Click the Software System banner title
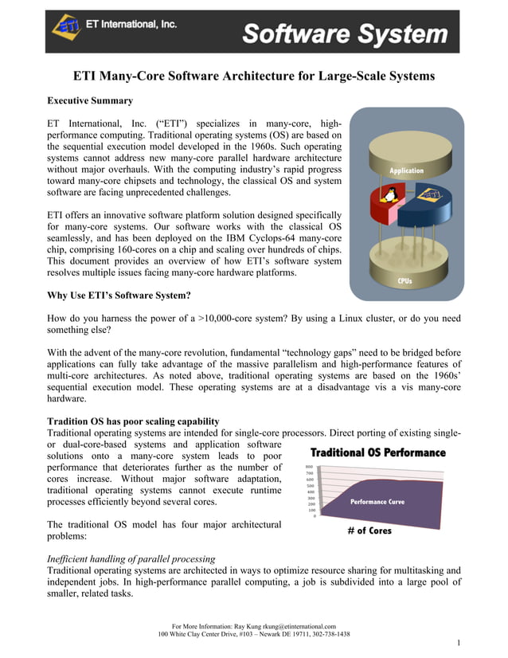tap(345, 33)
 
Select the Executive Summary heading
tap(90, 101)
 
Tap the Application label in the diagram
tap(406, 170)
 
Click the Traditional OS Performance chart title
tap(377, 452)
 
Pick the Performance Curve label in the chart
tap(377, 502)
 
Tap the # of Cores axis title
tap(369, 531)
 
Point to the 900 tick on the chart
tap(309, 468)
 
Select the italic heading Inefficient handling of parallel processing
tap(131, 558)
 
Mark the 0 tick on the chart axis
tap(314, 515)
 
